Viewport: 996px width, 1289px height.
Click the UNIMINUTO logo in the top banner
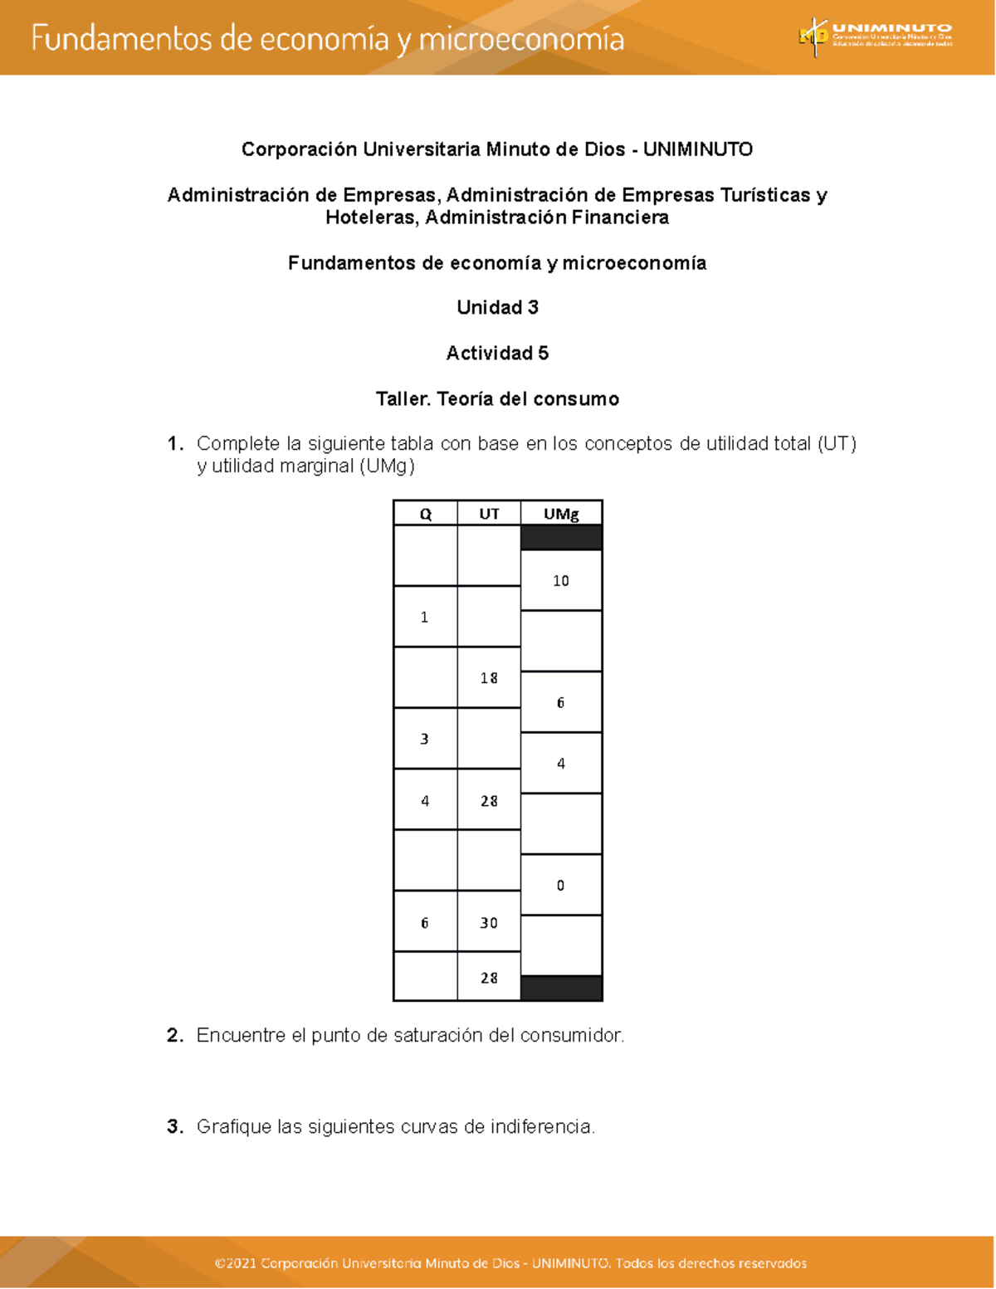click(x=876, y=37)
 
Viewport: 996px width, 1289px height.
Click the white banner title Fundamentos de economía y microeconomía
click(x=328, y=39)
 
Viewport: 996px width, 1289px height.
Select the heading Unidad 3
click(x=497, y=308)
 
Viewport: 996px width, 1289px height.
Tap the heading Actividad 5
click(x=497, y=354)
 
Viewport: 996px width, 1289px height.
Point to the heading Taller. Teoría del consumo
click(x=497, y=399)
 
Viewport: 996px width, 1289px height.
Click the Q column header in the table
click(x=425, y=514)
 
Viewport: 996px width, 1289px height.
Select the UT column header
click(x=489, y=514)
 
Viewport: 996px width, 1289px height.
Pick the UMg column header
click(x=561, y=514)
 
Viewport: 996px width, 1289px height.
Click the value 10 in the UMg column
click(x=561, y=581)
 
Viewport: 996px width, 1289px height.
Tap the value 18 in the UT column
click(x=489, y=678)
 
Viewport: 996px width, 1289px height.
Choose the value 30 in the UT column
click(x=489, y=923)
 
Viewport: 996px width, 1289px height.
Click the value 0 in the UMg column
click(x=561, y=886)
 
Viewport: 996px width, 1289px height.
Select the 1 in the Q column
click(x=425, y=617)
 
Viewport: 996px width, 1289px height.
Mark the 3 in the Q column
click(x=425, y=739)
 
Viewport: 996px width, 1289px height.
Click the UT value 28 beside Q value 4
click(x=489, y=801)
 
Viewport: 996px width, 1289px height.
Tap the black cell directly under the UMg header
click(x=561, y=538)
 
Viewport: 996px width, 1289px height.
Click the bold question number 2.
click(x=173, y=1036)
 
